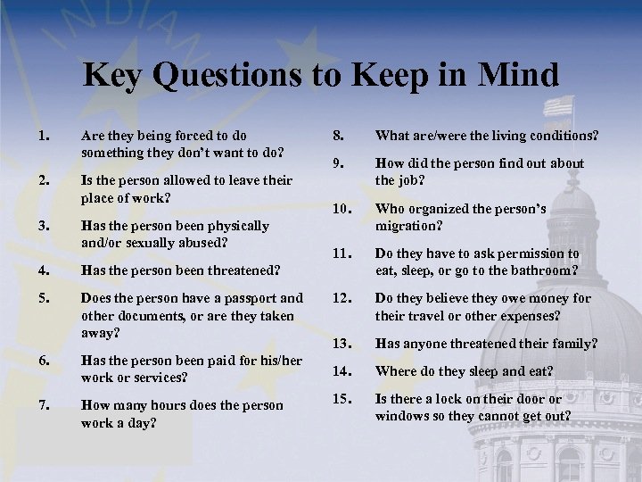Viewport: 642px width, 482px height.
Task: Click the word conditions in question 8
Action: coord(564,137)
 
